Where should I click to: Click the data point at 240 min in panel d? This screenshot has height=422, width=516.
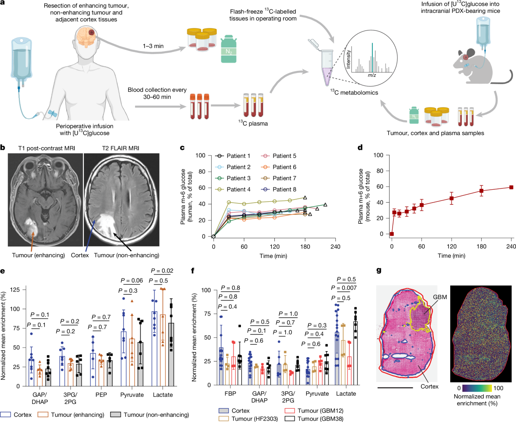pos(511,187)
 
